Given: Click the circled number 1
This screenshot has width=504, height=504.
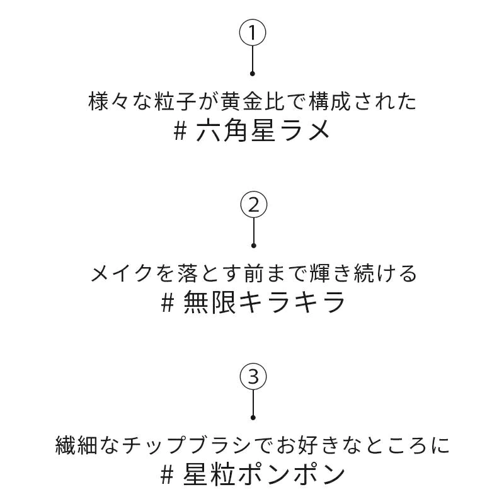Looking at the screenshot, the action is [253, 33].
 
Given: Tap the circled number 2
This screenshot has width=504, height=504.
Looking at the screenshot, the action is [254, 205].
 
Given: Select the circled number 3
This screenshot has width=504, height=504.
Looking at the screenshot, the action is [253, 377].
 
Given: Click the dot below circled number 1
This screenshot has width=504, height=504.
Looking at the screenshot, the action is [253, 74].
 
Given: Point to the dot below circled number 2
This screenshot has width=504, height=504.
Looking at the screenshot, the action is [254, 246].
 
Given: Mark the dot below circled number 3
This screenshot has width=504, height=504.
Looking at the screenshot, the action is [253, 418].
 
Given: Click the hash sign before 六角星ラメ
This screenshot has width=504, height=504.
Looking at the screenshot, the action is [180, 131].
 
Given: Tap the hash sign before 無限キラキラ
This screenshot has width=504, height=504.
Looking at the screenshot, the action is [168, 304].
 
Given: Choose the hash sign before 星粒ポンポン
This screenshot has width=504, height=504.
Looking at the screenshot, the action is [167, 476].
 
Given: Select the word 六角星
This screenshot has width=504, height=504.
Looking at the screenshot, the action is [235, 131].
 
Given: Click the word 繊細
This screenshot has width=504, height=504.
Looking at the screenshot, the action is [76, 445].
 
